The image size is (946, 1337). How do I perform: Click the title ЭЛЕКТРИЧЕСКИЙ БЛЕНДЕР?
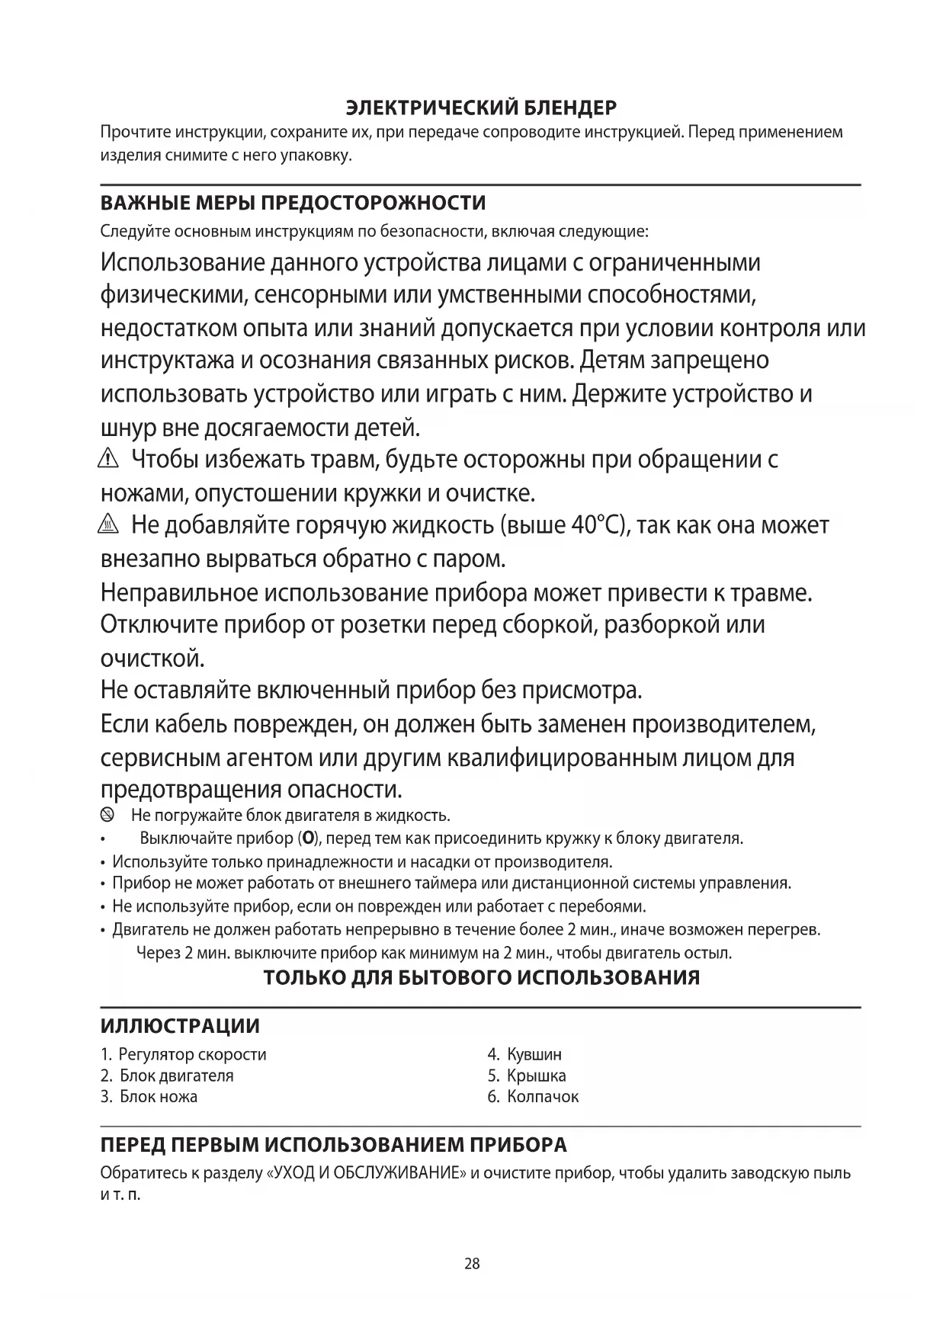[x=481, y=107]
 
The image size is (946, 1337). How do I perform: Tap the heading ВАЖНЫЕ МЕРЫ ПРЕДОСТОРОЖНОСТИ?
[x=293, y=204]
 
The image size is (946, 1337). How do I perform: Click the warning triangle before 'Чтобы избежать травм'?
[x=110, y=460]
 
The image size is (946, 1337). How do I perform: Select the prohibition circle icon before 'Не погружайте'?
[x=107, y=816]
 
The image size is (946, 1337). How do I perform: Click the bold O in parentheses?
[x=308, y=838]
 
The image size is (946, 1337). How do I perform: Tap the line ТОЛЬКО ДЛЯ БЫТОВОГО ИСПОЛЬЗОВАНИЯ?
[x=481, y=978]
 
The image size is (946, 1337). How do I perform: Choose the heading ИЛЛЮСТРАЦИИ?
[x=180, y=1026]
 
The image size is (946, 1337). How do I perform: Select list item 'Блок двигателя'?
[x=176, y=1076]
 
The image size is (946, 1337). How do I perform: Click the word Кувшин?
[x=534, y=1055]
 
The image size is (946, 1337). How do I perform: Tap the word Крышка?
[x=537, y=1076]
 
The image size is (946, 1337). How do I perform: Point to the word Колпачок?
[x=543, y=1097]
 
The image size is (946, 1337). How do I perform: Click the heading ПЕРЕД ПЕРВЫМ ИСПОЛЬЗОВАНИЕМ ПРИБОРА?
[x=334, y=1146]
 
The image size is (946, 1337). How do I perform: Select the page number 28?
[x=473, y=1264]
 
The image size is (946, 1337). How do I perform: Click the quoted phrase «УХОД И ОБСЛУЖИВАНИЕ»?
[x=366, y=1173]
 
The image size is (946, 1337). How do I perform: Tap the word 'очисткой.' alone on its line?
[x=152, y=658]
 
